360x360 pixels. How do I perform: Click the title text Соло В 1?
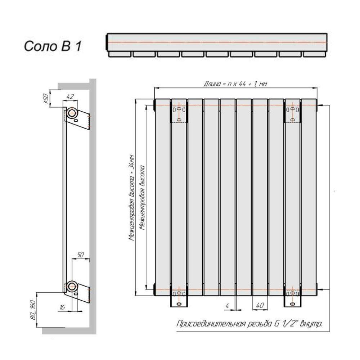click(x=53, y=46)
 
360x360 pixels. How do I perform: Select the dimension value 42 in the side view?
click(x=70, y=96)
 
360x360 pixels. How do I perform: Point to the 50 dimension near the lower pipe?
click(x=80, y=255)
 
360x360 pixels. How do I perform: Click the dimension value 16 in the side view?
click(x=62, y=307)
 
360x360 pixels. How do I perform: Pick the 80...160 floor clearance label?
click(x=33, y=310)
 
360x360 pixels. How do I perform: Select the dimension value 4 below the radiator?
click(x=227, y=306)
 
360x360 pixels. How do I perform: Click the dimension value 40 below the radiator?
click(x=260, y=305)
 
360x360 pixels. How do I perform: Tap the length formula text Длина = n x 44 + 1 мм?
click(x=235, y=84)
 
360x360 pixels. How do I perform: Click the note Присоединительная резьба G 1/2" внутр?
click(x=249, y=324)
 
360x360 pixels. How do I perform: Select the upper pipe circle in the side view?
click(x=73, y=113)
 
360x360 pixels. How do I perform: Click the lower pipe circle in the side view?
click(x=73, y=287)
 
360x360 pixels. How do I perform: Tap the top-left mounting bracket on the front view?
click(x=179, y=112)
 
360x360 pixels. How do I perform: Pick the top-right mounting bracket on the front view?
click(x=292, y=112)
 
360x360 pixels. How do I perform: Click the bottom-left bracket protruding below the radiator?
click(x=179, y=301)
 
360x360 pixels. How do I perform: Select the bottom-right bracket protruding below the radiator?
click(x=292, y=301)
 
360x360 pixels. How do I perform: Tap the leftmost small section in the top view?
click(x=120, y=54)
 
